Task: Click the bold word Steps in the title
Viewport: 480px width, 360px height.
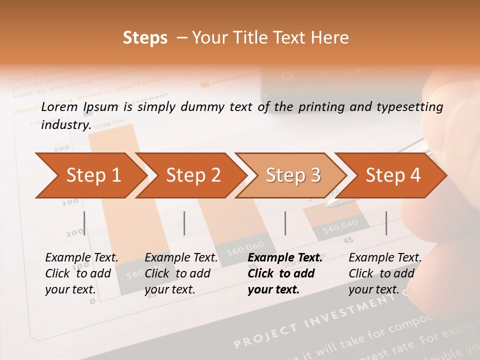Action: [x=145, y=38]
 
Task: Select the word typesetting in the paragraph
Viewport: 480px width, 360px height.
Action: [x=413, y=106]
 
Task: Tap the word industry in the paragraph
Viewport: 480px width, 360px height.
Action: [x=65, y=124]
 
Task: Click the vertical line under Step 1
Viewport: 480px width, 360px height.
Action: [x=84, y=223]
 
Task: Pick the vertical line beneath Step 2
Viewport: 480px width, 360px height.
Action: [x=184, y=223]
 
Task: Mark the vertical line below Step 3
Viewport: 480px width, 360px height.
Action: [x=285, y=223]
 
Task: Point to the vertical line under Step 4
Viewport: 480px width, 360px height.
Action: [x=386, y=223]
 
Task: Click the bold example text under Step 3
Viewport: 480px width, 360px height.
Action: [x=285, y=273]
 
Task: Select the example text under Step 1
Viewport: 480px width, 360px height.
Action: [x=81, y=273]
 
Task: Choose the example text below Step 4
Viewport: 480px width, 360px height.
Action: [x=385, y=273]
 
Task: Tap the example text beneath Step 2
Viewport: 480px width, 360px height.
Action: [x=181, y=273]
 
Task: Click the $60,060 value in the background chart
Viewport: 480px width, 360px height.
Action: [x=245, y=247]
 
